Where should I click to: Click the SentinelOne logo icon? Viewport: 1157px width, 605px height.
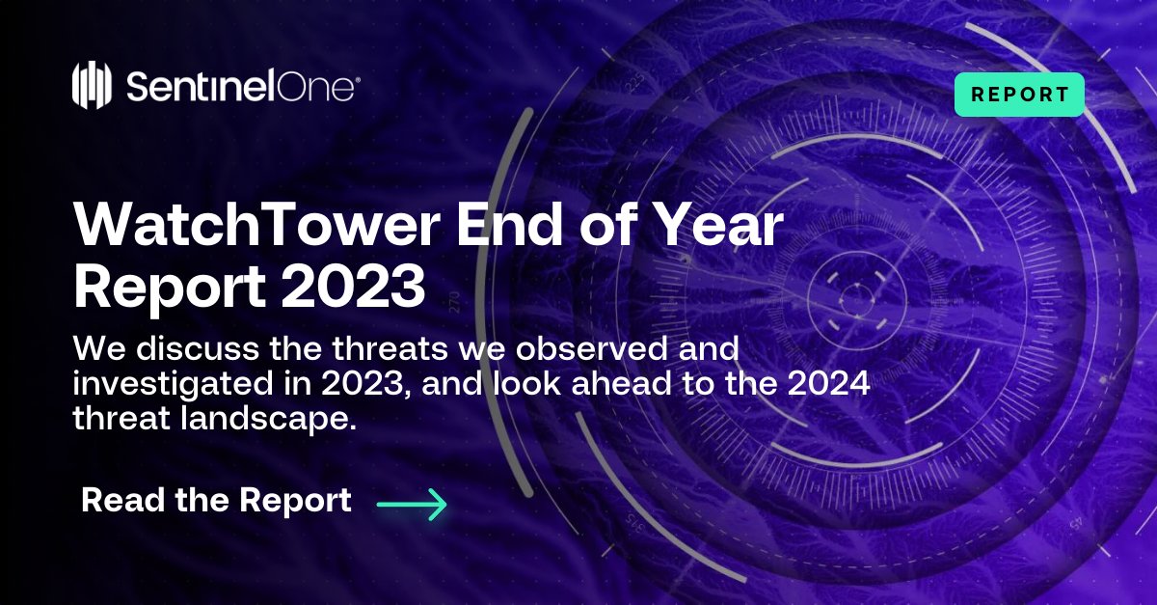click(94, 86)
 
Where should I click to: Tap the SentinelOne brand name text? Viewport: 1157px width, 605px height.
click(242, 87)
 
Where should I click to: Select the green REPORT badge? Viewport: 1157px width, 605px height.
click(1019, 95)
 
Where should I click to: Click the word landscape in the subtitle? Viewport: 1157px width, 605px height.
click(268, 422)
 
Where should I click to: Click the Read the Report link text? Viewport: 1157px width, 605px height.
click(216, 501)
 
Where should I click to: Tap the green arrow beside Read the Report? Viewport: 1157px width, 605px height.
click(412, 504)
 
